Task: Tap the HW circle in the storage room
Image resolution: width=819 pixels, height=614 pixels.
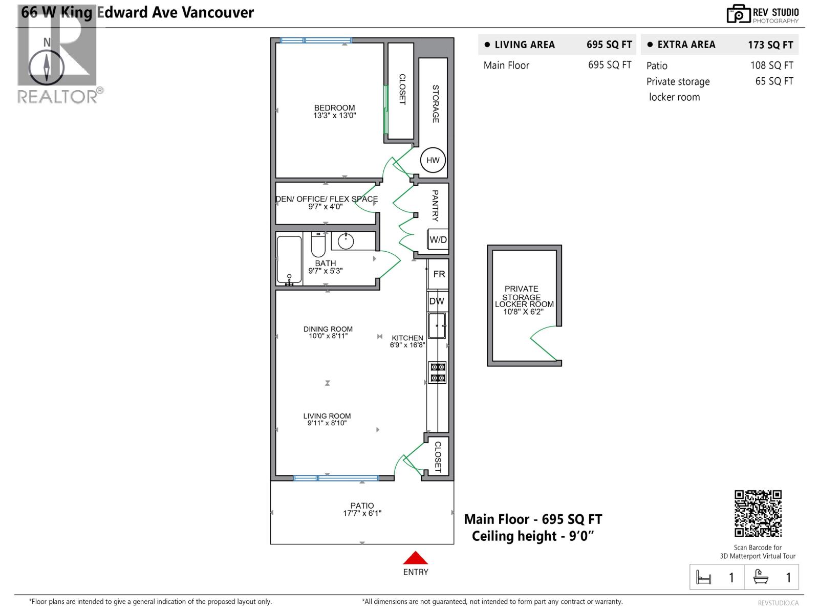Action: click(x=433, y=160)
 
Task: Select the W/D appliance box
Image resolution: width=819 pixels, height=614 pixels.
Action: click(x=438, y=239)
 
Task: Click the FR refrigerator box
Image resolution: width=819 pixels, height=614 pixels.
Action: click(x=438, y=274)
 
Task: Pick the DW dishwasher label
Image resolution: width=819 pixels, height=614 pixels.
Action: click(x=437, y=301)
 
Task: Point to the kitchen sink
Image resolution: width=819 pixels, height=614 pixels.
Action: click(x=437, y=325)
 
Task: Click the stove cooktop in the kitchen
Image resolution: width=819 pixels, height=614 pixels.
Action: click(x=438, y=372)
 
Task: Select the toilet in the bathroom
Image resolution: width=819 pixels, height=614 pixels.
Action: click(x=318, y=245)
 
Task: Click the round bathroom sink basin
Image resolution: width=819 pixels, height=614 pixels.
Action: click(x=346, y=241)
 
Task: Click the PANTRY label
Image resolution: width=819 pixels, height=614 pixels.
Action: click(x=435, y=205)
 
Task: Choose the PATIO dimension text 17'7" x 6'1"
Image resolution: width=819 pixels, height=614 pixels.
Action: click(x=362, y=513)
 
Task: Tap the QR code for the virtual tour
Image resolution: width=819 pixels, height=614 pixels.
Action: click(x=758, y=513)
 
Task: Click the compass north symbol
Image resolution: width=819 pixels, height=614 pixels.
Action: click(x=47, y=68)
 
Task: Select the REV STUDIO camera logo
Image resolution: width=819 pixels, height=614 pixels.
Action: click(x=738, y=14)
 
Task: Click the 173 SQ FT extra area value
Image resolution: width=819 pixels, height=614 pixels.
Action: click(x=770, y=45)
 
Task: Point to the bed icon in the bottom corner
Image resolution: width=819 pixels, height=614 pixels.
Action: click(x=703, y=578)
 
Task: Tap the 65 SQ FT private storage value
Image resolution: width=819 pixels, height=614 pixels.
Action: click(x=774, y=81)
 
